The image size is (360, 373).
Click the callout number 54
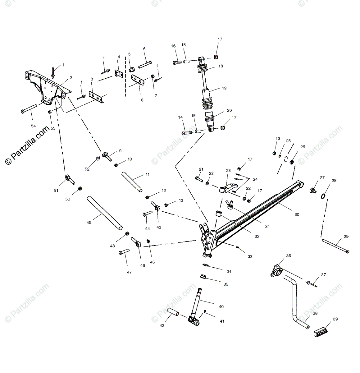tap(33, 126)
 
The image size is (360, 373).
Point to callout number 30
tap(297, 214)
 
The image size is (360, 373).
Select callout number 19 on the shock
tap(224, 88)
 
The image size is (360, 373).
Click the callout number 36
tap(289, 256)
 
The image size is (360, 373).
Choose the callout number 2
tap(71, 77)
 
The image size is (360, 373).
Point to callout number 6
tap(144, 49)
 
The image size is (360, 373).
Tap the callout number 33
tap(250, 256)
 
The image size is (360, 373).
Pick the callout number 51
tap(56, 191)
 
